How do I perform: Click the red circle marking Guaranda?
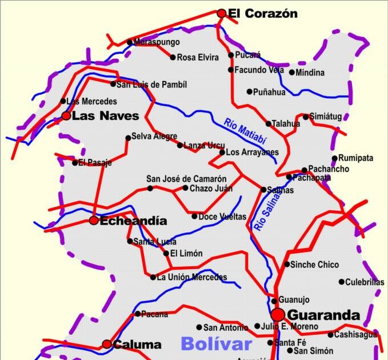278,314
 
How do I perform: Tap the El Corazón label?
262,13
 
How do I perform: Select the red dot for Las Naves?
66,116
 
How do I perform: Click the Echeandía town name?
133,221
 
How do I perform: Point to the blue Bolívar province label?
216,343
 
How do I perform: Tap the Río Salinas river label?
268,211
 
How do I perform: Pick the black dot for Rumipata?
335,158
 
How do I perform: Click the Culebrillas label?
365,282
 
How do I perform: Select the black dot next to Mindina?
292,73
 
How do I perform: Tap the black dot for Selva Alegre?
128,137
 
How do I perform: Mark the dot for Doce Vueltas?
194,217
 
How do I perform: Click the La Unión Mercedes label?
191,278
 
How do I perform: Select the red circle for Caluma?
107,344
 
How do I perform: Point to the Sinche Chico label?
314,265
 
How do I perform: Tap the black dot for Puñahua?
250,91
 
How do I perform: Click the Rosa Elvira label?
198,57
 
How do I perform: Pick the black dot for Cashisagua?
330,335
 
